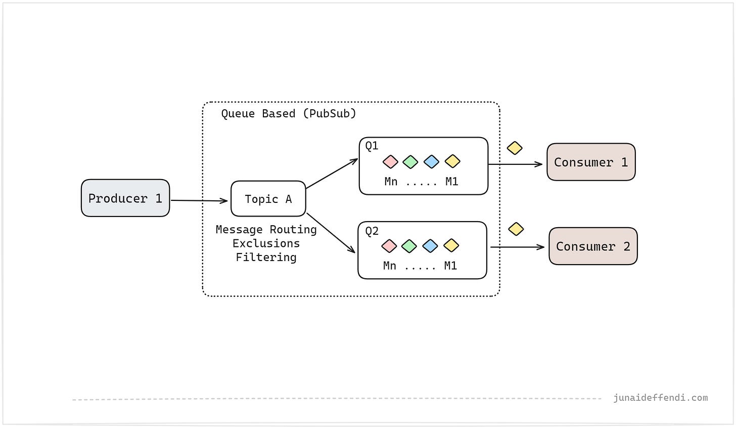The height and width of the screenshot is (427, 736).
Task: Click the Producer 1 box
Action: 125,198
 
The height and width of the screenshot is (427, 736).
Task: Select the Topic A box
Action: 268,199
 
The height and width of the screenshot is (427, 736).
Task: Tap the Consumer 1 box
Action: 591,162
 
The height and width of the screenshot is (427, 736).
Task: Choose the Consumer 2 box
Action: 593,246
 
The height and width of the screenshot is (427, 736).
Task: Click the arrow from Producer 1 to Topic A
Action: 199,201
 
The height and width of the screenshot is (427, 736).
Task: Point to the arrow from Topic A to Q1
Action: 332,174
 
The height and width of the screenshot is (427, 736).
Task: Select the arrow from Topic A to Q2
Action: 331,232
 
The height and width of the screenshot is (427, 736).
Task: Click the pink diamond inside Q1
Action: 390,162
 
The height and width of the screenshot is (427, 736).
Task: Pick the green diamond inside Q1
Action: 410,162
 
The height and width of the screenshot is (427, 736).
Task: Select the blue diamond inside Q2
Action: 430,246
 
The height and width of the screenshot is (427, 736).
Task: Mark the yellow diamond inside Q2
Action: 451,245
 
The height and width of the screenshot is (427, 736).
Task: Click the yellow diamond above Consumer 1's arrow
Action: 515,148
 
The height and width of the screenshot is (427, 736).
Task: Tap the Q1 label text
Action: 372,146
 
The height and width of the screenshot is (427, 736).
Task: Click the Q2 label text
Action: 372,231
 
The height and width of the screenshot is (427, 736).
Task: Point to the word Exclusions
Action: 266,243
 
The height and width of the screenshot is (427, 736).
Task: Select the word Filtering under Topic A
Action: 266,257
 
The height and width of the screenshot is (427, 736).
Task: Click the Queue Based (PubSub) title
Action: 289,113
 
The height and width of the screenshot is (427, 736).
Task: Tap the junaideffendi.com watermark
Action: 660,398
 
